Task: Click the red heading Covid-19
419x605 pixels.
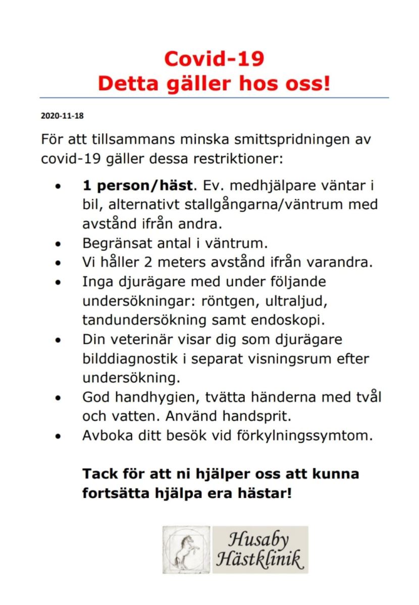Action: tap(214, 59)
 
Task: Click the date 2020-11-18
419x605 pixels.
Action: tap(62, 115)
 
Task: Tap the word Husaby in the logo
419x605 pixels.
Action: tap(259, 540)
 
